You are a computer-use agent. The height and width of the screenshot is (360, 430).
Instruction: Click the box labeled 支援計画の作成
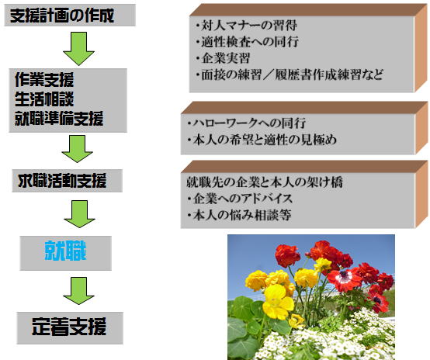(70, 15)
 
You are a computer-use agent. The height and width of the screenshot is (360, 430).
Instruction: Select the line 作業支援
(44, 80)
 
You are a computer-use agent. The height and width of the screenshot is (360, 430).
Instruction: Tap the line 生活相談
(44, 99)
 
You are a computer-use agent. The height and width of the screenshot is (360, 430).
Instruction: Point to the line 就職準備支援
(59, 118)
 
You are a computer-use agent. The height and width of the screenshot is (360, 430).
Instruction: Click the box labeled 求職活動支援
(67, 181)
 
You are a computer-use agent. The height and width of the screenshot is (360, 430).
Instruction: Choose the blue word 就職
(65, 251)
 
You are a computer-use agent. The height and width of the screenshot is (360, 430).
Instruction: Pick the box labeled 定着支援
(70, 328)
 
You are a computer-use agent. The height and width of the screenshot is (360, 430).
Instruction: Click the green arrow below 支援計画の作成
(78, 49)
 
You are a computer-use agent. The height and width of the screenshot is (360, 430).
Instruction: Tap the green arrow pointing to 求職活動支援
(78, 149)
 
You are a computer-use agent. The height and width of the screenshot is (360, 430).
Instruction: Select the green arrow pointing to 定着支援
(78, 291)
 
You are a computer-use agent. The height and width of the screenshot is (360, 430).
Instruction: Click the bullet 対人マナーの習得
(247, 26)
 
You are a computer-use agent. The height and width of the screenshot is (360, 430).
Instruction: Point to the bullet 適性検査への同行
(247, 42)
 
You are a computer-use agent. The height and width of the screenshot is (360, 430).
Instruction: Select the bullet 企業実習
(223, 58)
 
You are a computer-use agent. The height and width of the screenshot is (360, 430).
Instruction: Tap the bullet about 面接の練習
(290, 74)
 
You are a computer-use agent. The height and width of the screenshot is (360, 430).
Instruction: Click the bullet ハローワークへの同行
(247, 123)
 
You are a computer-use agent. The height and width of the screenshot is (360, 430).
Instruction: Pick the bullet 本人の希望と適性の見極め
(262, 140)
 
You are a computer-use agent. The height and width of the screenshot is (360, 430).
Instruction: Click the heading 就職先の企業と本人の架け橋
(265, 182)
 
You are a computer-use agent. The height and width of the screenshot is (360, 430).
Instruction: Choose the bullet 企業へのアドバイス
(240, 199)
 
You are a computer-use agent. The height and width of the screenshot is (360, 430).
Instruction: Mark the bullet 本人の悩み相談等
(239, 215)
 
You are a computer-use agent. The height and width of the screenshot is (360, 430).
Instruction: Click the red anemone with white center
(345, 279)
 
